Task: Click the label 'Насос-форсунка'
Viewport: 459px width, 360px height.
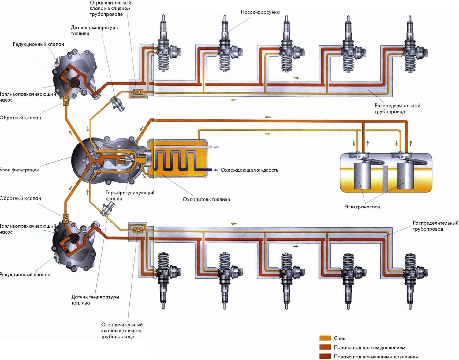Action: (260, 12)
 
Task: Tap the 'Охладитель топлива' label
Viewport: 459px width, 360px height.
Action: (206, 199)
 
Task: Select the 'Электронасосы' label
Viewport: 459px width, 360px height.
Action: (362, 207)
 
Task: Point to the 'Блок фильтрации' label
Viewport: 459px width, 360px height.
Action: (20, 170)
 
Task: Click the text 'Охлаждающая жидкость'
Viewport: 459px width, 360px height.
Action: (249, 170)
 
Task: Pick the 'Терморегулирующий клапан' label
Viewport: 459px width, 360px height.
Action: (130, 196)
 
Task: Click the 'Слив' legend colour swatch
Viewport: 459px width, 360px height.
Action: (325, 338)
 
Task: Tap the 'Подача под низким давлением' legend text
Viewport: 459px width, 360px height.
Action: (369, 347)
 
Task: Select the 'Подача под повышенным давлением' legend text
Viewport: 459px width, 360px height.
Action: (376, 357)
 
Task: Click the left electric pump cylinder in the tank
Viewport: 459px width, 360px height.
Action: (362, 176)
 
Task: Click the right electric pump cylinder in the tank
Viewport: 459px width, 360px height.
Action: (405, 176)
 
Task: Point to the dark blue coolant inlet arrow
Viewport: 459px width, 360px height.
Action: (216, 170)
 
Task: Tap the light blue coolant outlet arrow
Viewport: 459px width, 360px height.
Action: (216, 147)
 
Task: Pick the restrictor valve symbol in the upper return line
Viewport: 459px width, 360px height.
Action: (138, 92)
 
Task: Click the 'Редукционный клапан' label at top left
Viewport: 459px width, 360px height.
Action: (38, 44)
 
